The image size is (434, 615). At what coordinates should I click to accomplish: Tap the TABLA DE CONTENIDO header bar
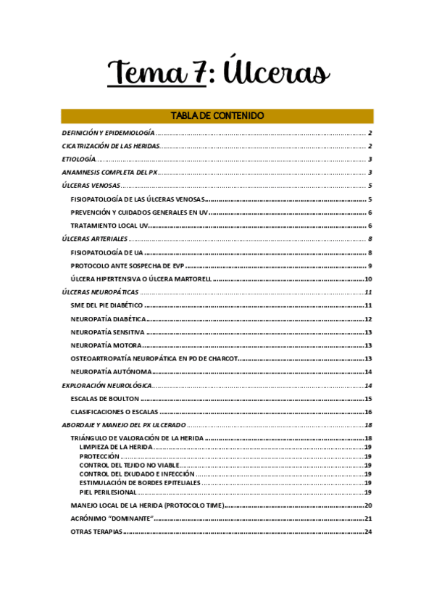click(217, 116)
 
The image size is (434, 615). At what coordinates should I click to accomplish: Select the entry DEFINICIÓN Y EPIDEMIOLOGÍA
click(108, 133)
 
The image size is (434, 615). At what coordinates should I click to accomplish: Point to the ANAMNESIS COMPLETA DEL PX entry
click(109, 173)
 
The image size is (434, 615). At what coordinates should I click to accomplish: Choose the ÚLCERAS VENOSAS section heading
click(91, 186)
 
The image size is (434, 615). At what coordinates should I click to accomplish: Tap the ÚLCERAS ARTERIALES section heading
click(95, 239)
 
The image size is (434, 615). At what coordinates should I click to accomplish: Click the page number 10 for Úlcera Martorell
click(368, 279)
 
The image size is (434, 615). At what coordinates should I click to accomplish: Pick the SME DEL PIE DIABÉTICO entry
click(107, 305)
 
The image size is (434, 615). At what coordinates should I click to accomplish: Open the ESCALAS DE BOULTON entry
click(105, 399)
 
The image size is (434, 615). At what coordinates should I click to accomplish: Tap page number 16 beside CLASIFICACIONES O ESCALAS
click(368, 412)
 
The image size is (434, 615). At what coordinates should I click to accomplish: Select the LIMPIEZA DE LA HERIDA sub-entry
click(116, 447)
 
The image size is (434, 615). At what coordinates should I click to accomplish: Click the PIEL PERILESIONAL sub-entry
click(108, 492)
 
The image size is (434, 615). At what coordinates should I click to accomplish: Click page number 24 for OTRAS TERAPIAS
click(368, 532)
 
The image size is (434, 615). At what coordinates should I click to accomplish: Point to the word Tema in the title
click(145, 73)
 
